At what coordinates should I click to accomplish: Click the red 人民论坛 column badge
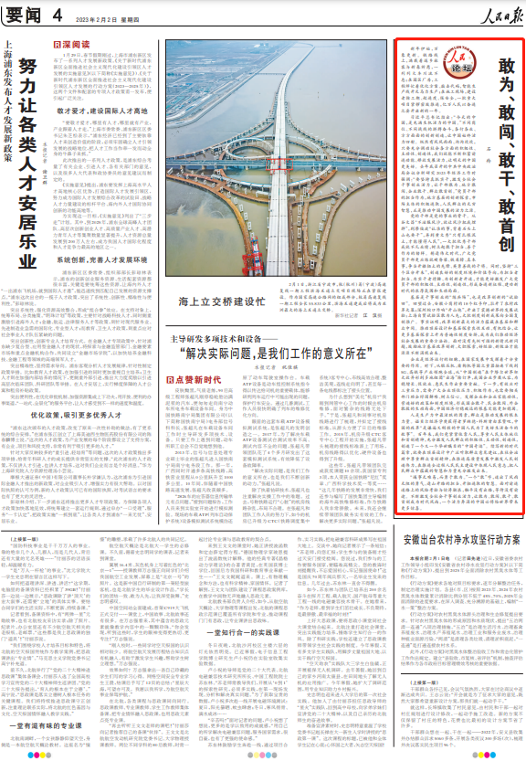tap(440, 67)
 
